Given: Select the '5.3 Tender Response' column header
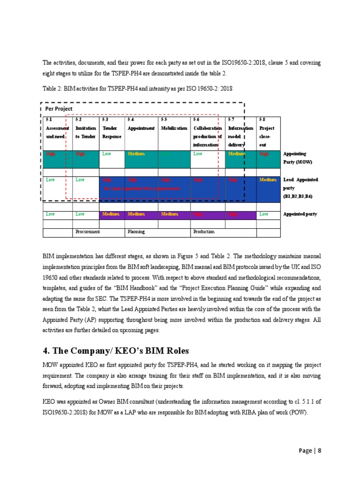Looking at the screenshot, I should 112,128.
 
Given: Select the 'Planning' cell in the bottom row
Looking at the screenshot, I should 136,232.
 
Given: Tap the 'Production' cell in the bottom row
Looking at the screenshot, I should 204,232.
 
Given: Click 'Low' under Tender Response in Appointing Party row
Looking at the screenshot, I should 107,154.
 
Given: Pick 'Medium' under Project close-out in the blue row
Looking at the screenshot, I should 268,180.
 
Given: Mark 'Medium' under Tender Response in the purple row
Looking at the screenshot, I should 110,214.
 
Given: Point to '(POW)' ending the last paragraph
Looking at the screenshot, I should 299,412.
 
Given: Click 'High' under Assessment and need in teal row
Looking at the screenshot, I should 51,154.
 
